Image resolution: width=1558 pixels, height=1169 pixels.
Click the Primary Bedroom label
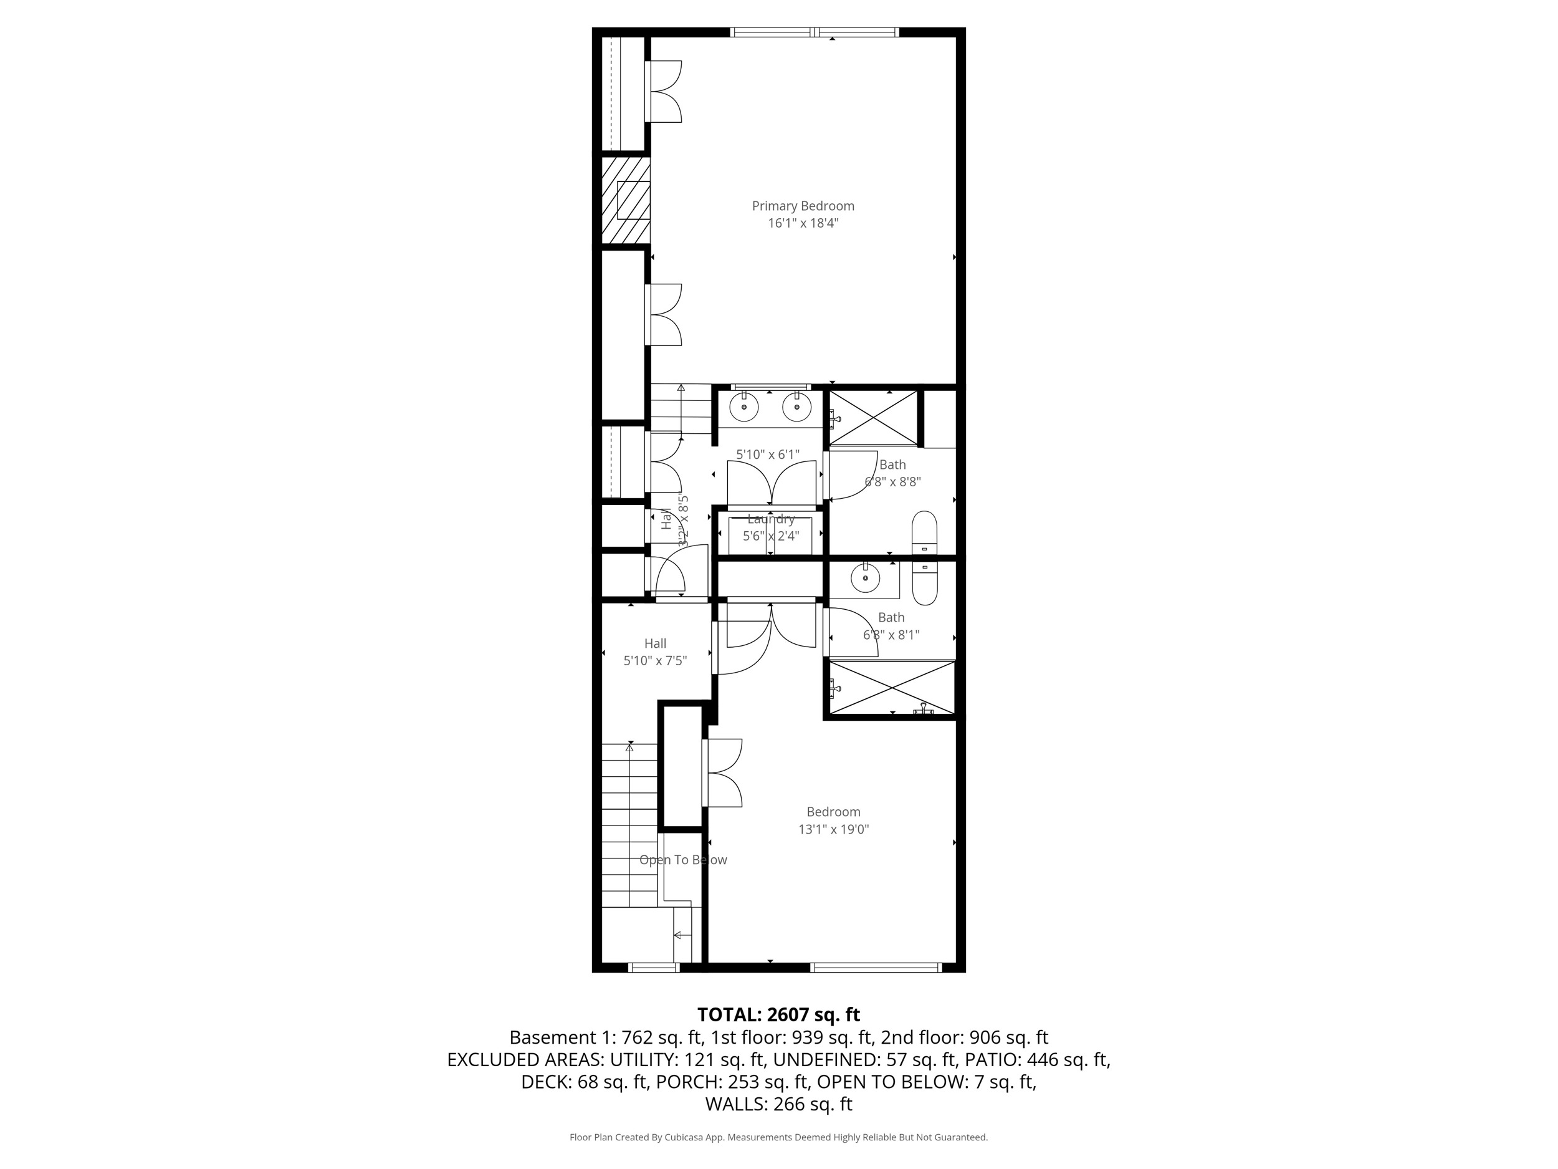pyautogui.click(x=803, y=206)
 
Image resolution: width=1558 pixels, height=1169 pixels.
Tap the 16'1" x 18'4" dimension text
pyautogui.click(x=803, y=223)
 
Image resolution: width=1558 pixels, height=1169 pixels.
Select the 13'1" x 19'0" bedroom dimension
pyautogui.click(x=833, y=829)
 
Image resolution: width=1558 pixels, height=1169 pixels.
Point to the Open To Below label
pyautogui.click(x=682, y=860)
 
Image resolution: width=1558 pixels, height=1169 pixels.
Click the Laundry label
pyautogui.click(x=770, y=519)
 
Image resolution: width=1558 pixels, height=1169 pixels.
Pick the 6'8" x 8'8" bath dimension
pyautogui.click(x=892, y=482)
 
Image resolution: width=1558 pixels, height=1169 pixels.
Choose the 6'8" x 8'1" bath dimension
pyautogui.click(x=891, y=635)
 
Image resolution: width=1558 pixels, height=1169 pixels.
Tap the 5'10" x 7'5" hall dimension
pyautogui.click(x=655, y=661)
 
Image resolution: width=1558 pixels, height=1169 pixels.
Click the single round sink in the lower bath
pyautogui.click(x=865, y=579)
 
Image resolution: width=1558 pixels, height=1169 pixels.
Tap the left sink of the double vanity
pyautogui.click(x=743, y=407)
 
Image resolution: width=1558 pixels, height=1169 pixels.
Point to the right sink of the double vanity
pyautogui.click(x=796, y=407)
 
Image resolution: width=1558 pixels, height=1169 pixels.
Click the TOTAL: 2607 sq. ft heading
pyautogui.click(x=778, y=1014)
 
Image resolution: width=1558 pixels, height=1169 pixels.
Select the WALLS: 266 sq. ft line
pyautogui.click(x=778, y=1104)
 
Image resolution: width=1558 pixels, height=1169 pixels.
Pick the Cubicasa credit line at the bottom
pyautogui.click(x=778, y=1137)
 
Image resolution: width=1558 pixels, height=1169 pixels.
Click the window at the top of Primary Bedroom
pyautogui.click(x=815, y=32)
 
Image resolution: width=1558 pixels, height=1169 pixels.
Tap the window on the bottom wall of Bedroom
pyautogui.click(x=876, y=968)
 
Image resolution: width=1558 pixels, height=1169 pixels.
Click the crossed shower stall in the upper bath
pyautogui.click(x=873, y=418)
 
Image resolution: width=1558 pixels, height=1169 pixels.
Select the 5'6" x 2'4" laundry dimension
pyautogui.click(x=770, y=536)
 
